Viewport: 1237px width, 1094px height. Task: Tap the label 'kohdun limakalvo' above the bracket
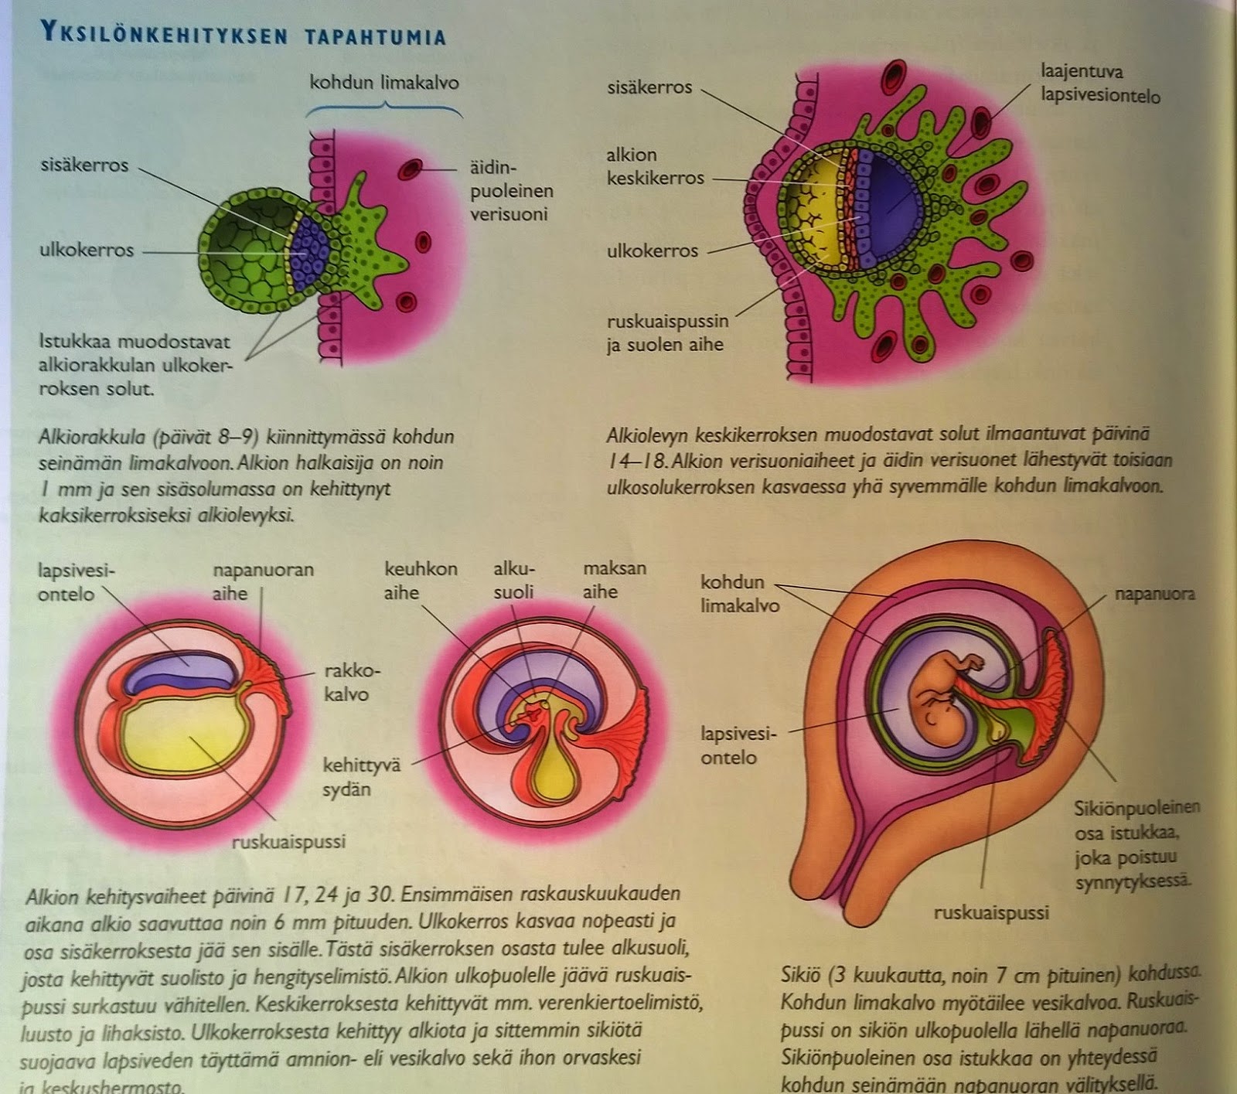383,82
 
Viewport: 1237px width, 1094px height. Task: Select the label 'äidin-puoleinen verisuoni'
511,190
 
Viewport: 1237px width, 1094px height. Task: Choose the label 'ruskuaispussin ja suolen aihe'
666,333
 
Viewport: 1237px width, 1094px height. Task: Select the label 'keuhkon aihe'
421,581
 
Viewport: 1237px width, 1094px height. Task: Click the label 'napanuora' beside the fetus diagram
1154,594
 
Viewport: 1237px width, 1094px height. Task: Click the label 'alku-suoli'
514,581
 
